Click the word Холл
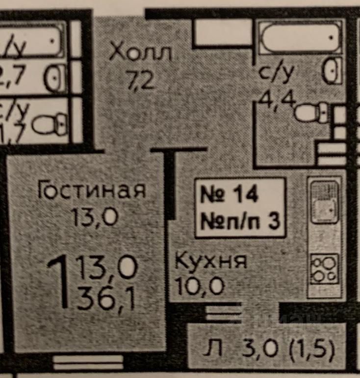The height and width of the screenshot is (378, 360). coord(140,51)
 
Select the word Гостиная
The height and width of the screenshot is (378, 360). coord(92,190)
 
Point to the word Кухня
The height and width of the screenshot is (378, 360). coord(211,261)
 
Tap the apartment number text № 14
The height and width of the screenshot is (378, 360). coord(230,195)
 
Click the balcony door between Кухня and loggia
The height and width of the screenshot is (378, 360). coord(223,312)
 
